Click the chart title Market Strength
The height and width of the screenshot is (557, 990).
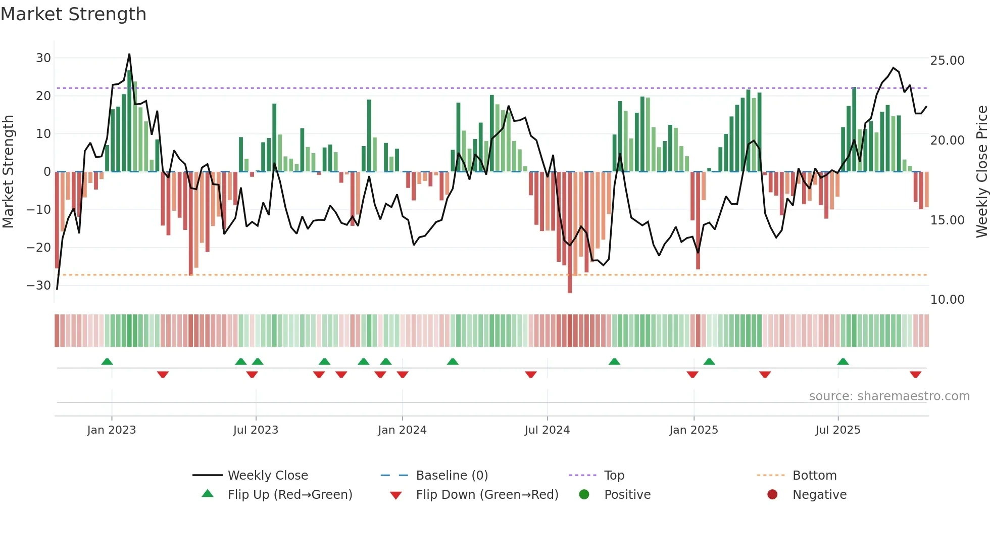point(73,14)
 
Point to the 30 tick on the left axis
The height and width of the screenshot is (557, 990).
point(43,58)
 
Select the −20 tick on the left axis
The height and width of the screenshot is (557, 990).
point(39,248)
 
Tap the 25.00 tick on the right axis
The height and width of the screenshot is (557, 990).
point(947,61)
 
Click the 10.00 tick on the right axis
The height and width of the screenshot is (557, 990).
point(947,300)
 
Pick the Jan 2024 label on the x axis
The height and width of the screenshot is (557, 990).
point(402,430)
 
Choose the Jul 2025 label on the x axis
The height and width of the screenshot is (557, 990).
point(837,430)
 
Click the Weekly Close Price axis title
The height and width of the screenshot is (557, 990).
point(981,172)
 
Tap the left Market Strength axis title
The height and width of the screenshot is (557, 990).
point(8,172)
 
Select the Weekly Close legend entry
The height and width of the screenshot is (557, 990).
point(268,476)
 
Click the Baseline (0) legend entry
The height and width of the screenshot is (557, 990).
point(452,476)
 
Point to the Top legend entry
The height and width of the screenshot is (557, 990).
point(614,476)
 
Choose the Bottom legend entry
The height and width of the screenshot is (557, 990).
point(814,476)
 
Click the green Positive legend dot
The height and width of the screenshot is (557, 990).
point(584,495)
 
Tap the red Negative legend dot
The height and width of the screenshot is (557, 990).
point(772,495)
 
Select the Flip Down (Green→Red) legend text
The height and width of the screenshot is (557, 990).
point(487,495)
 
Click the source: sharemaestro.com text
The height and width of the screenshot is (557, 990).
point(889,396)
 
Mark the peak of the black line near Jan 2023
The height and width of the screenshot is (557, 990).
point(129,54)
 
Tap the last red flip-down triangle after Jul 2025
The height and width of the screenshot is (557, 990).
point(915,375)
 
